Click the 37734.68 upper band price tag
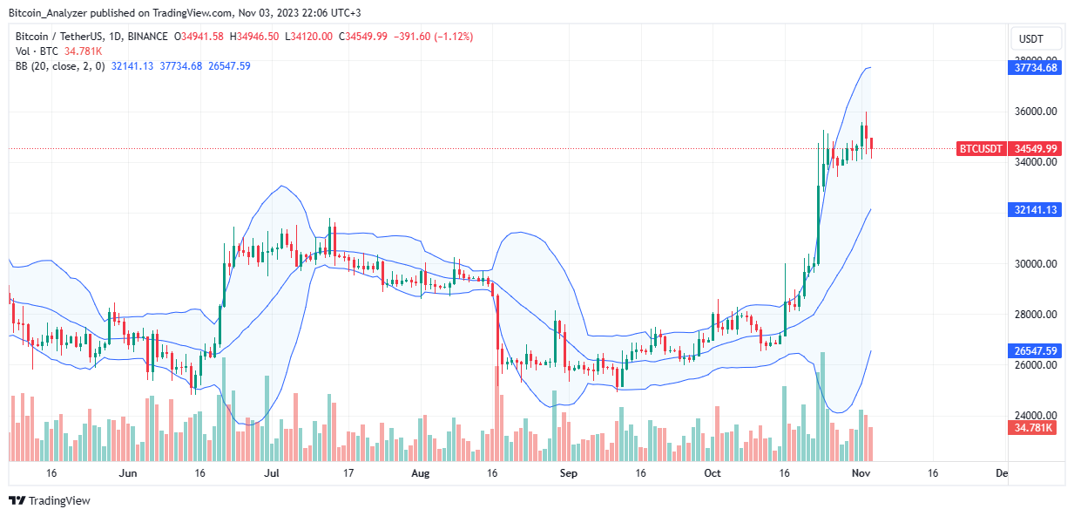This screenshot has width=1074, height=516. coord(1036,68)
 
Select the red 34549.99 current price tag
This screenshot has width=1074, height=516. coord(1036,149)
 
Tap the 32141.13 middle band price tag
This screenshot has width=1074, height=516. coord(1036,210)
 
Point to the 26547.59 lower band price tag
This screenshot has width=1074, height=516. coord(1036,351)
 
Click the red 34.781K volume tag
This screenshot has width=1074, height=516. coord(1035,427)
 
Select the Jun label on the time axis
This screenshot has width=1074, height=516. coord(127,473)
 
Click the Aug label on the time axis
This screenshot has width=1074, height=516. coord(421,473)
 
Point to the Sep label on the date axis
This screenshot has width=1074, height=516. coord(568,473)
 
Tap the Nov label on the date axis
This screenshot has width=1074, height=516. coord(860,473)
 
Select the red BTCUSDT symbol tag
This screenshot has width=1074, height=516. coord(982,149)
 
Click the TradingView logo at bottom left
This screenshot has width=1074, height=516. coord(50,501)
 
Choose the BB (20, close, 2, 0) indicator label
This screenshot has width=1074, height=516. coord(59,66)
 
